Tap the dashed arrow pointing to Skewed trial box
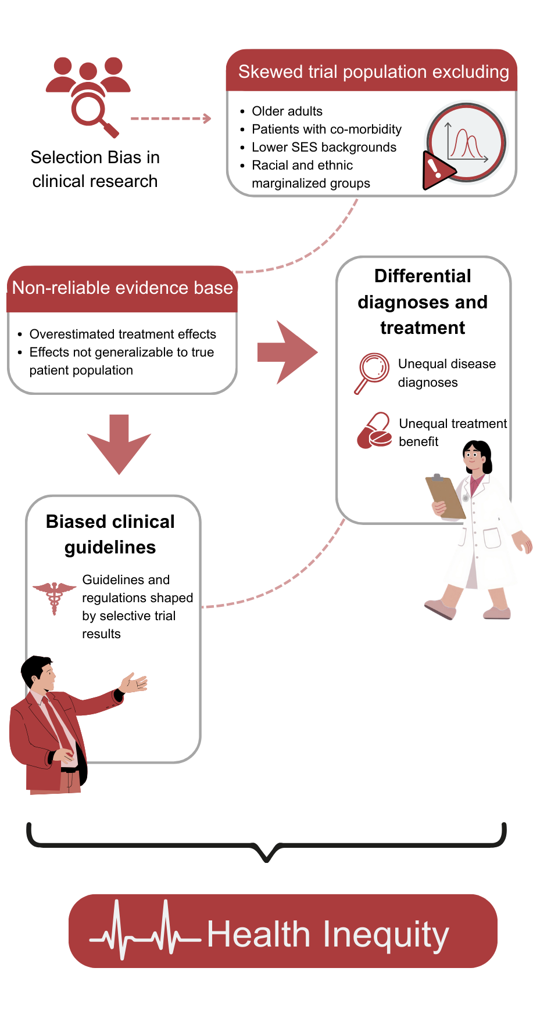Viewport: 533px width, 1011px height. [170, 118]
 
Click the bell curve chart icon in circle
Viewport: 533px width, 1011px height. [467, 142]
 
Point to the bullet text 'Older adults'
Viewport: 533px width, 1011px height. [287, 111]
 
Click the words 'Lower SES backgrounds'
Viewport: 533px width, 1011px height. [324, 147]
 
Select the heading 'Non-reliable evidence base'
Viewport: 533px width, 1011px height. [122, 287]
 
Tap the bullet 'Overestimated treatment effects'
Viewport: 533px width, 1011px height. [123, 334]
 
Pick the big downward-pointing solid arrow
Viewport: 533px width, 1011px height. [119, 444]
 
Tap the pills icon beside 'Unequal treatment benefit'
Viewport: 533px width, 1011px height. [374, 431]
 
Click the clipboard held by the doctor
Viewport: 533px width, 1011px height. [445, 496]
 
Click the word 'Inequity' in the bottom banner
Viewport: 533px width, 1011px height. [385, 934]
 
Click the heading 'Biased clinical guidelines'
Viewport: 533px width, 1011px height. [110, 534]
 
